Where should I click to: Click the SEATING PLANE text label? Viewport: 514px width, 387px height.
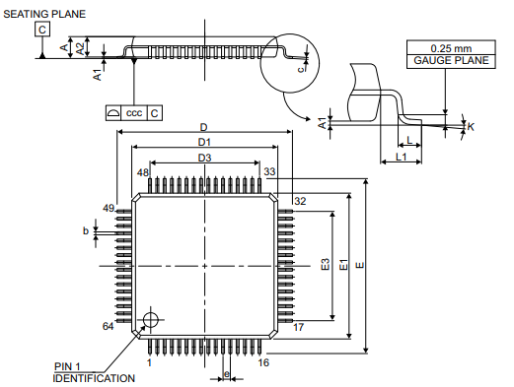click(x=43, y=14)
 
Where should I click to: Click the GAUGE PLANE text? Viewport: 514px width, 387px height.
click(x=446, y=61)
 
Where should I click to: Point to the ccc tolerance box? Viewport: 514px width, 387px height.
click(x=135, y=113)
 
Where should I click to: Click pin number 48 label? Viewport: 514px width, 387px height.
click(x=143, y=172)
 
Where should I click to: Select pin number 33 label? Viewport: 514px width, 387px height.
click(x=268, y=172)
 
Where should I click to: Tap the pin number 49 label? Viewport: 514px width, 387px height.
click(x=109, y=209)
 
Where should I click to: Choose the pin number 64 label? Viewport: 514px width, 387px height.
click(x=109, y=326)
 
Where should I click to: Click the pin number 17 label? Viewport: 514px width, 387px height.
click(x=299, y=326)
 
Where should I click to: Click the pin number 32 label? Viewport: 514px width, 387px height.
click(x=300, y=201)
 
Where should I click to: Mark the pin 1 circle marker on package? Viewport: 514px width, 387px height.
click(x=151, y=317)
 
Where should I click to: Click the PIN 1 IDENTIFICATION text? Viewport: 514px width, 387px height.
click(x=94, y=373)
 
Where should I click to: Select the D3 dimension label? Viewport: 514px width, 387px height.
click(x=204, y=158)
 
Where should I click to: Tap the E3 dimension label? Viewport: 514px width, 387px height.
click(x=325, y=266)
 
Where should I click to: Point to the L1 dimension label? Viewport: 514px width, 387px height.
click(x=402, y=158)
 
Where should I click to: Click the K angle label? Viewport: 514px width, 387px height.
click(x=472, y=127)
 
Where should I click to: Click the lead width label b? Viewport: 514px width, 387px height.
click(x=86, y=231)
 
